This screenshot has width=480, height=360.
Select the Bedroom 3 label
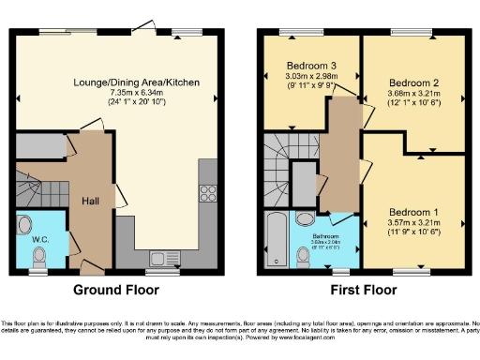(311, 66)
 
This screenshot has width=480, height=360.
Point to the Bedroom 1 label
(412, 212)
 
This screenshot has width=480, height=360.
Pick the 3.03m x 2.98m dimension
(311, 76)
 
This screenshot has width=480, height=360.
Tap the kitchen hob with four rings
(207, 195)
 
